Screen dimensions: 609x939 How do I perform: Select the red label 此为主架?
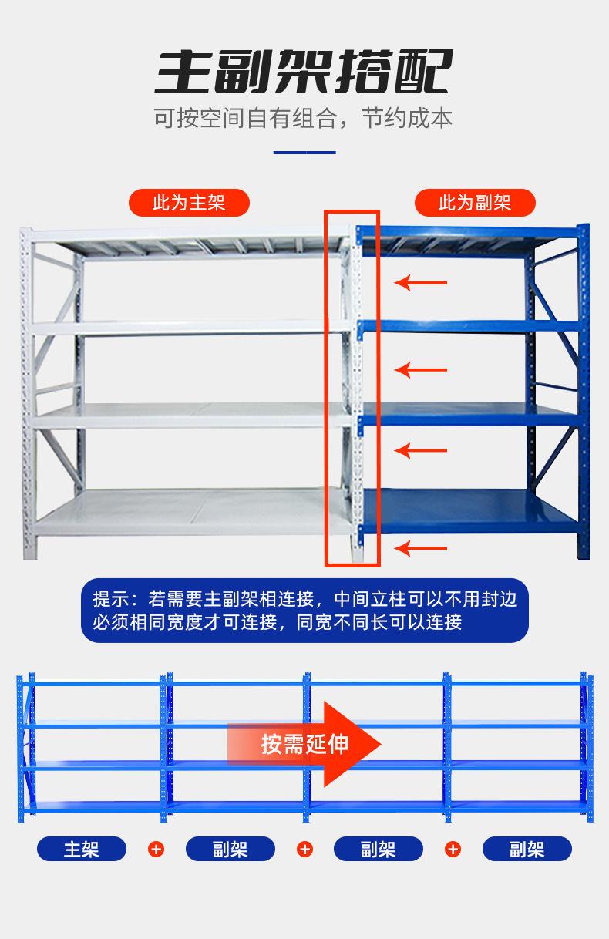click(x=189, y=203)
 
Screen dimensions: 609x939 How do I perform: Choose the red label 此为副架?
click(x=475, y=203)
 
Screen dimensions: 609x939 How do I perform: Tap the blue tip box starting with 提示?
click(x=304, y=610)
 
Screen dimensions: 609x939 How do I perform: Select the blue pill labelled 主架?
click(x=82, y=849)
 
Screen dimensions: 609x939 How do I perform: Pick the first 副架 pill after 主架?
click(x=230, y=849)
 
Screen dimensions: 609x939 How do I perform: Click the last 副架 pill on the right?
click(x=527, y=849)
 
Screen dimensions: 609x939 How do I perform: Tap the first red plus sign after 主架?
click(x=156, y=849)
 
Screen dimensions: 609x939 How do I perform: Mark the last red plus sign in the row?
click(x=453, y=849)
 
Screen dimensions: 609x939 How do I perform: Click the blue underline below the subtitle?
click(x=304, y=153)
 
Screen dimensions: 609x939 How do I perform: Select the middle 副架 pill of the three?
click(x=378, y=849)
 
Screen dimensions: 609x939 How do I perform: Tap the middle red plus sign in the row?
click(x=305, y=849)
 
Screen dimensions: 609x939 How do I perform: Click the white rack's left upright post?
click(x=27, y=393)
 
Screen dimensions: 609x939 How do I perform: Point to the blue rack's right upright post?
click(x=584, y=393)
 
